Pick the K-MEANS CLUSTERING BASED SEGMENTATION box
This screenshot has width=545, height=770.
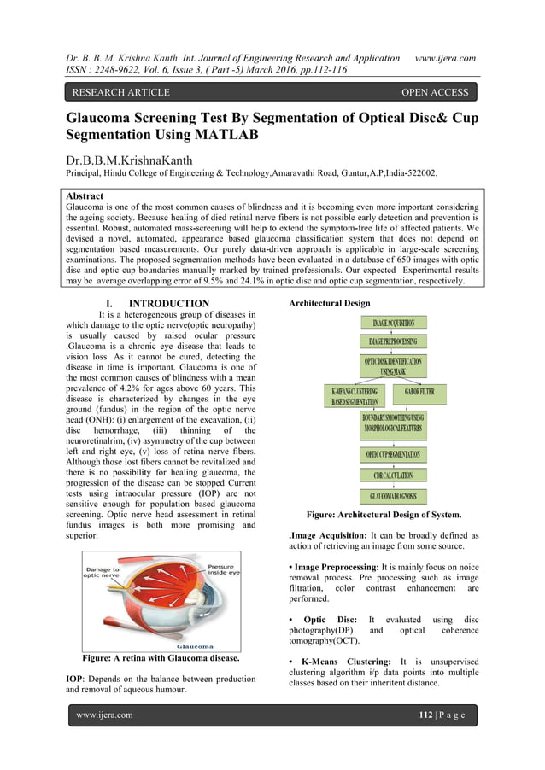point(355,396)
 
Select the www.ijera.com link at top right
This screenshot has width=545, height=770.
point(444,58)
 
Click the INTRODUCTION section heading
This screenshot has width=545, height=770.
point(168,304)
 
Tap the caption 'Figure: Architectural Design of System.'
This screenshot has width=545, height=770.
point(384,515)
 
